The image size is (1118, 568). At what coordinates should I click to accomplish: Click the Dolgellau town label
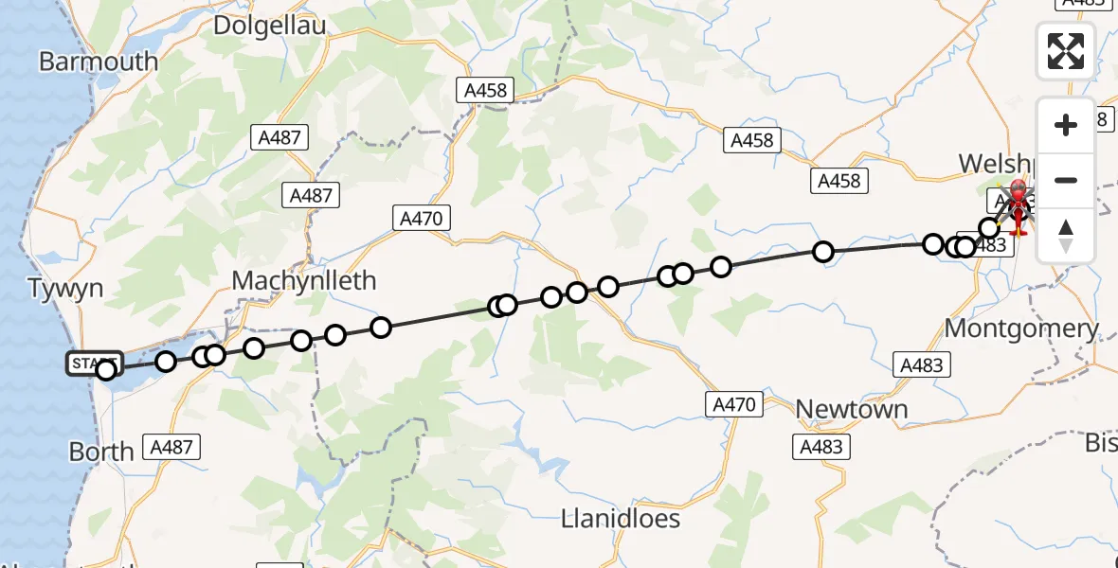coord(270,26)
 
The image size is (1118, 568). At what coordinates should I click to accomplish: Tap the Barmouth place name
coord(99,62)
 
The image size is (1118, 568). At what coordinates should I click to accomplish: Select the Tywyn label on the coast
coord(65,289)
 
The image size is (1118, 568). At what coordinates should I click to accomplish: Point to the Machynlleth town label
coord(304,280)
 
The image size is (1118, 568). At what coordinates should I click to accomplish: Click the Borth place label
coord(101,452)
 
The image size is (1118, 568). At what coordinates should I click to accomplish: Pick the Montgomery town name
coord(1022,328)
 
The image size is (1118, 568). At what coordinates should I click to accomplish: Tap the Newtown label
coord(852,409)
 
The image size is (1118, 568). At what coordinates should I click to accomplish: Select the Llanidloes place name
coord(621,518)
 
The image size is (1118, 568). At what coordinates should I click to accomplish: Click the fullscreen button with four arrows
coord(1066,51)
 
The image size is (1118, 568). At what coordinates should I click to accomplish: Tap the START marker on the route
coord(94,363)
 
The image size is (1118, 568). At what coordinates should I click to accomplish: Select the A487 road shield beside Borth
coord(171,448)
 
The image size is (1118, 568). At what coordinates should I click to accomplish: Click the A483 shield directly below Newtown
coord(822,447)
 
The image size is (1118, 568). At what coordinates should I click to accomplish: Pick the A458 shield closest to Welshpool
coord(839,181)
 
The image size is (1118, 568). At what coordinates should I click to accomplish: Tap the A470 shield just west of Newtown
coord(734,405)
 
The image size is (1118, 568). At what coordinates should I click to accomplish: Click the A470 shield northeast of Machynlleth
coord(422,219)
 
